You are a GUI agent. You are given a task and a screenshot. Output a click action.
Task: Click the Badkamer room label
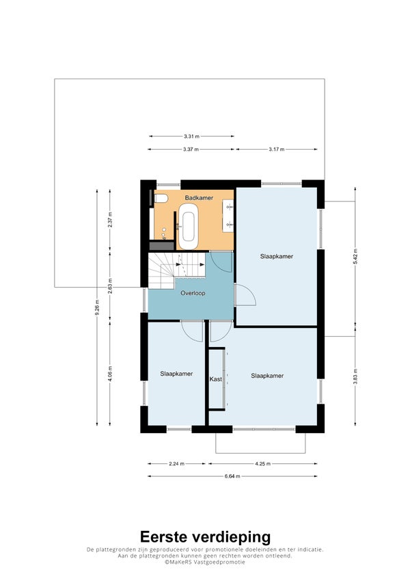pyautogui.click(x=199, y=198)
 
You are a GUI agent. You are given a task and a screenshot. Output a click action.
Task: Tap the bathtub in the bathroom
pyautogui.click(x=189, y=225)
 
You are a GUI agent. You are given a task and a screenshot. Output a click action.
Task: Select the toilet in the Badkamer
pyautogui.click(x=160, y=199)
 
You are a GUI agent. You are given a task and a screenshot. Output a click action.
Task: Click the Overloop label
pyautogui.click(x=193, y=293)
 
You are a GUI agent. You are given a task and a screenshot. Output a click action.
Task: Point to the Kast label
pyautogui.click(x=216, y=379)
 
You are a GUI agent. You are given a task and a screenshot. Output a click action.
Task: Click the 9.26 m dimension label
pyautogui.click(x=97, y=307)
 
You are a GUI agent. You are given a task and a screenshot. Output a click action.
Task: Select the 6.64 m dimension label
pyautogui.click(x=232, y=476)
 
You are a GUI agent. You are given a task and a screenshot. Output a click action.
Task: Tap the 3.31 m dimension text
pyautogui.click(x=192, y=137)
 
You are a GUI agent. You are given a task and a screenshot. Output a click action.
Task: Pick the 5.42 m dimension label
pyautogui.click(x=355, y=256)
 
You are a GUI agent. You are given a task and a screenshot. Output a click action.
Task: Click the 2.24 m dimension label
pyautogui.click(x=176, y=463)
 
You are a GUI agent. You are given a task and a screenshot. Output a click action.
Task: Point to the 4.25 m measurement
pyautogui.click(x=262, y=463)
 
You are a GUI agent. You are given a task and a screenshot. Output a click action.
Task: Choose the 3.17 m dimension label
pyautogui.click(x=277, y=150)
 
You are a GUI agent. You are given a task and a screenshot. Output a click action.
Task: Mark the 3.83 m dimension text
pyautogui.click(x=355, y=376)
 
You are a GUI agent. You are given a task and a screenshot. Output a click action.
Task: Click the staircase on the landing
pyautogui.click(x=176, y=270)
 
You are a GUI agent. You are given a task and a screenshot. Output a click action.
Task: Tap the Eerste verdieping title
pyautogui.click(x=205, y=537)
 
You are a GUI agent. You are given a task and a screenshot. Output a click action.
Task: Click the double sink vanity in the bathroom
pyautogui.click(x=228, y=216)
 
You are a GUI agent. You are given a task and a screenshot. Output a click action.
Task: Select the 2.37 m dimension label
pyautogui.click(x=110, y=220)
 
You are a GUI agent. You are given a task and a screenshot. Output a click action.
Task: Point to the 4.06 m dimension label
pyautogui.click(x=110, y=373)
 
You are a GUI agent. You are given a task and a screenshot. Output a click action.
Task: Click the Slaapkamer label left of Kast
pyautogui.click(x=176, y=374)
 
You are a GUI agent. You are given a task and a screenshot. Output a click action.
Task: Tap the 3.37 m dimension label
pyautogui.click(x=191, y=150)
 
